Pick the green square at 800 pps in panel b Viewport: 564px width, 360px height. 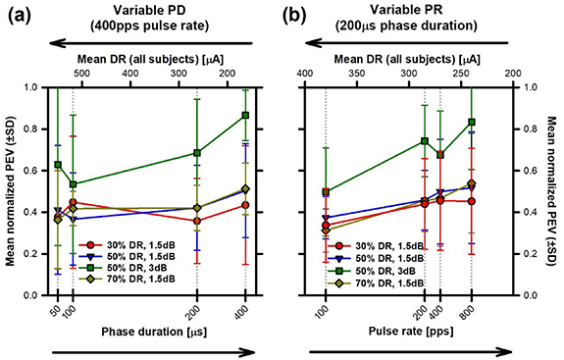(x=472, y=123)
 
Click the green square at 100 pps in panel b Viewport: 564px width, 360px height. (x=326, y=192)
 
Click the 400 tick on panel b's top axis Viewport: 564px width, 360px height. (x=305, y=73)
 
